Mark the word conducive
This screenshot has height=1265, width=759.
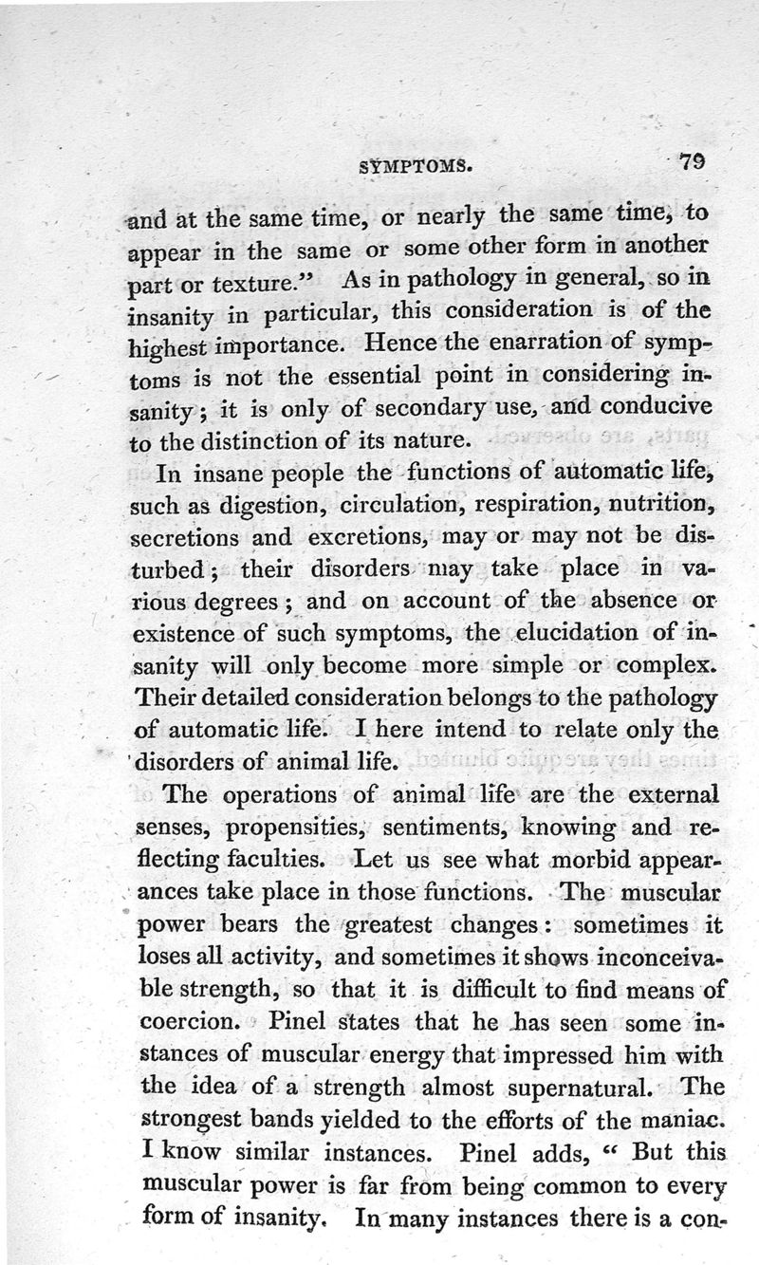[x=660, y=408]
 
